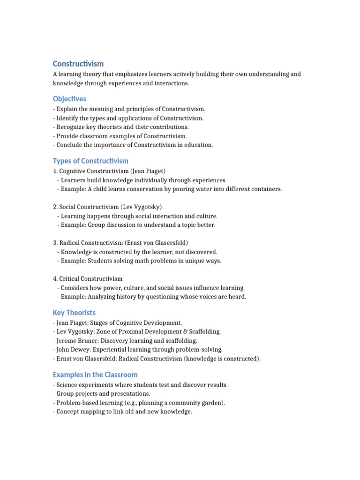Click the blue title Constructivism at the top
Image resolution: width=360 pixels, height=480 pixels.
click(78, 63)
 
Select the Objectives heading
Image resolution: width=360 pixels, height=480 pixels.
click(69, 99)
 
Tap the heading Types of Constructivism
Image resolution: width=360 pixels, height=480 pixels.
click(90, 161)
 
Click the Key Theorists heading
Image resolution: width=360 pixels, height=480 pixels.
click(74, 313)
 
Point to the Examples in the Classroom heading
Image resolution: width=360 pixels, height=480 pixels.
click(95, 375)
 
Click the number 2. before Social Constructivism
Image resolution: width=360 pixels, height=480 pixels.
click(55, 207)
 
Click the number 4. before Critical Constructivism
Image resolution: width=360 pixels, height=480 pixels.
click(55, 278)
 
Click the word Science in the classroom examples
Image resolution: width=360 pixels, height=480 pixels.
click(67, 385)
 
